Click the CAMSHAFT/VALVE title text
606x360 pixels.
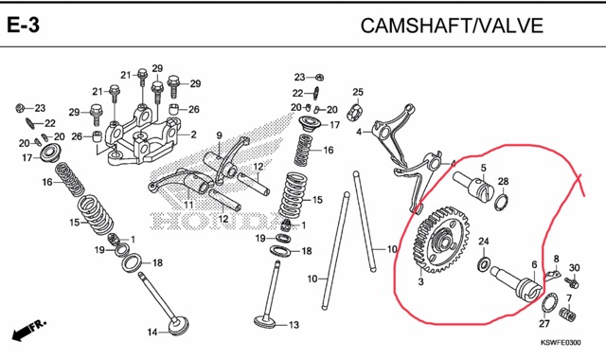pyautogui.click(x=452, y=26)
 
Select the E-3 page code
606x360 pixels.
pyautogui.click(x=23, y=26)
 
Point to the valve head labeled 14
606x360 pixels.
pyautogui.click(x=179, y=326)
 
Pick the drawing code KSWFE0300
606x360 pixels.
pyautogui.click(x=560, y=343)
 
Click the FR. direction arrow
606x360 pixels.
pyautogui.click(x=29, y=330)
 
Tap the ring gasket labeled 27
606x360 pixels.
pyautogui.click(x=549, y=302)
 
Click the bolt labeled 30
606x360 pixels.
pyautogui.click(x=572, y=282)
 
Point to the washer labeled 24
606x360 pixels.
pyautogui.click(x=484, y=263)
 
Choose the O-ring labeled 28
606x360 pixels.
pyautogui.click(x=501, y=202)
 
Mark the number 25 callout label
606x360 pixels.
pyautogui.click(x=358, y=92)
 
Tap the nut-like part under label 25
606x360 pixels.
pyautogui.click(x=357, y=112)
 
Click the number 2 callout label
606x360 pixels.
pyautogui.click(x=193, y=135)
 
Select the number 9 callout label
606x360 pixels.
pyautogui.click(x=219, y=135)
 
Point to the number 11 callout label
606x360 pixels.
pyautogui.click(x=188, y=205)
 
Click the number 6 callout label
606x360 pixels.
pyautogui.click(x=534, y=265)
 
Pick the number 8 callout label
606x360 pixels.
pyautogui.click(x=556, y=259)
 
